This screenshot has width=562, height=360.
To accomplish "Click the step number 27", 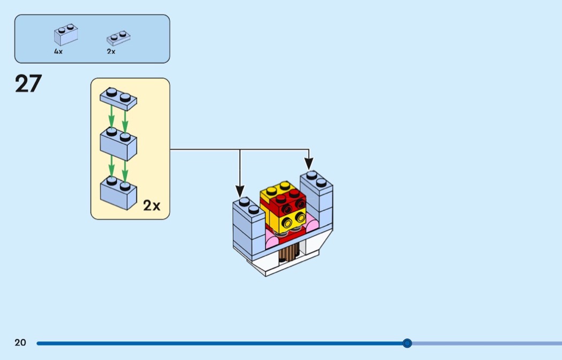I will pos(28,84).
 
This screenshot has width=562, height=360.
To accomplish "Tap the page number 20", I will pos(20,343).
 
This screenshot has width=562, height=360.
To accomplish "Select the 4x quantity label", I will pos(58,52).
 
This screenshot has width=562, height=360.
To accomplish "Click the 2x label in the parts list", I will pos(111,52).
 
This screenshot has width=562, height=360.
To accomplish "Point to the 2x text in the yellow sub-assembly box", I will pos(151,205).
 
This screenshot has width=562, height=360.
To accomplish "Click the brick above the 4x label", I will pos(66,35).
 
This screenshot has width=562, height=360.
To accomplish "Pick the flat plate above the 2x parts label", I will pos(119,38).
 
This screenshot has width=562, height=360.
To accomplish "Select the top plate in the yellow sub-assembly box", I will pos(118,99).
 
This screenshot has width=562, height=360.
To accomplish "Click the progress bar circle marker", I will pos(407,343).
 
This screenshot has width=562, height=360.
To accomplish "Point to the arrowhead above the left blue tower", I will pos(240,192).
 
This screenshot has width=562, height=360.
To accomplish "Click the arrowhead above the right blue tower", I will pos(309,163).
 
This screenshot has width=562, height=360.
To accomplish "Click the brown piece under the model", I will pos(288,251).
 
